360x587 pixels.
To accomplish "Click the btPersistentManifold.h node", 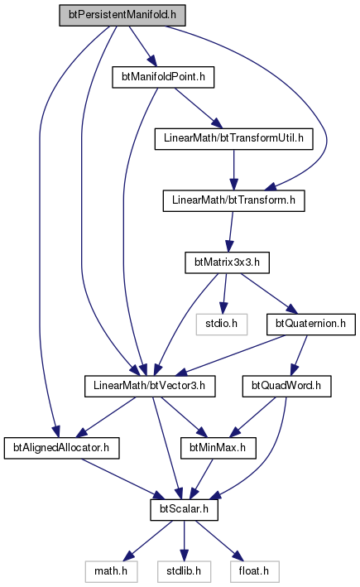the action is pyautogui.click(x=122, y=16).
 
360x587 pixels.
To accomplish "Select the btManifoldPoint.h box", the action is pyautogui.click(x=163, y=77).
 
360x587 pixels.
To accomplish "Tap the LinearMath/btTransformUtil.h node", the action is pyautogui.click(x=234, y=139).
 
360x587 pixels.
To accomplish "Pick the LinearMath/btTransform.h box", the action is pyautogui.click(x=234, y=200).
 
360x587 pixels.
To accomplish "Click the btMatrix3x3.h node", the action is pyautogui.click(x=227, y=262).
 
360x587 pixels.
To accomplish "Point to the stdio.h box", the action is pyautogui.click(x=222, y=325).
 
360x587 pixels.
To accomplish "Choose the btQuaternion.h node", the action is pyautogui.click(x=311, y=325).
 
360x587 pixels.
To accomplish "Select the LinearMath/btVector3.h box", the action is pyautogui.click(x=150, y=386).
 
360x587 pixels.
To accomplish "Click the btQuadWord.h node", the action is pyautogui.click(x=286, y=386).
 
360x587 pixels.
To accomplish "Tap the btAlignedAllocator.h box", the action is pyautogui.click(x=62, y=448).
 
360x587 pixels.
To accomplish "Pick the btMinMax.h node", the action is pyautogui.click(x=218, y=448).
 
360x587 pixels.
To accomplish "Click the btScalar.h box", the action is pyautogui.click(x=184, y=509).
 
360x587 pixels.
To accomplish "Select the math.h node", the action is pyautogui.click(x=111, y=571).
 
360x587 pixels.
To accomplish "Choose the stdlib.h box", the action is pyautogui.click(x=184, y=571).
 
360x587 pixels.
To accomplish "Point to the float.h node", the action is pyautogui.click(x=254, y=571).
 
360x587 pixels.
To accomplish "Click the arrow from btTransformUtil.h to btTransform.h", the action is pyautogui.click(x=234, y=170).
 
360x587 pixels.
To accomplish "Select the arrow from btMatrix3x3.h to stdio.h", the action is pyautogui.click(x=224, y=293).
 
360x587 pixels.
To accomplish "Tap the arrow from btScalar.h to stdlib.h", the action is pyautogui.click(x=184, y=541).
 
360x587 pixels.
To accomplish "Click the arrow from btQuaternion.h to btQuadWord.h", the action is pyautogui.click(x=300, y=355).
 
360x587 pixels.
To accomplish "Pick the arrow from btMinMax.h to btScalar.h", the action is pyautogui.click(x=202, y=479).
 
